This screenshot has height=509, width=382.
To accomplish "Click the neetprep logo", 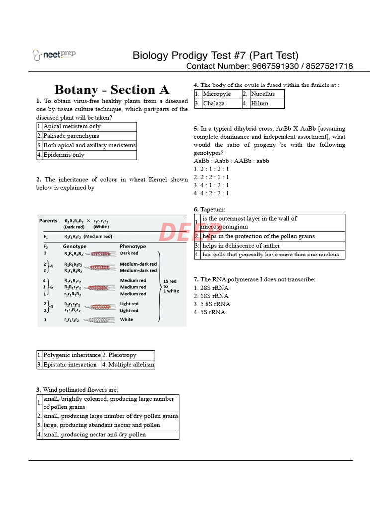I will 54,54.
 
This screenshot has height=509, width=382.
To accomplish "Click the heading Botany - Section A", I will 111,90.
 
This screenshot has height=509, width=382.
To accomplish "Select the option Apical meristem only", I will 72,127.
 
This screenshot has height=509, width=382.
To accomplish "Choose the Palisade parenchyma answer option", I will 72,136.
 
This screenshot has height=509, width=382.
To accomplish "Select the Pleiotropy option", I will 122,355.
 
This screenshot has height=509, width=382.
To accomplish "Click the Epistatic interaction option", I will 70,365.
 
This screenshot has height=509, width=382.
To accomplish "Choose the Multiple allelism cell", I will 131,365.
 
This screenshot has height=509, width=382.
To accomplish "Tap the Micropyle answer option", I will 217,94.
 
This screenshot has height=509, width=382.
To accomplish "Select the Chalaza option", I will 214,104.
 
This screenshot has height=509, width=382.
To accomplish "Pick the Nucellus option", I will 263,94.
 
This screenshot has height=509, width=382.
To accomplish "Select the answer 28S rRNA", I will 214,288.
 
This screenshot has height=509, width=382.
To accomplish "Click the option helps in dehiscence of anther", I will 241,246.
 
